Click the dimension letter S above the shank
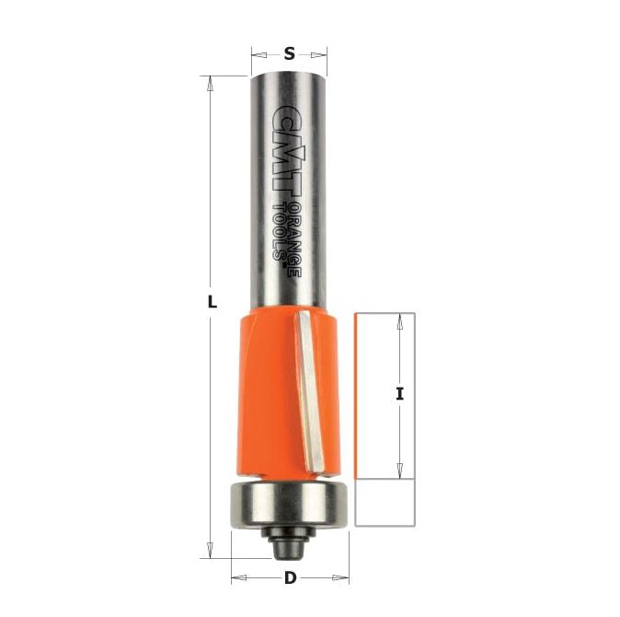290,53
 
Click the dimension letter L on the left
212,303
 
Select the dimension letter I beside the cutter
400,394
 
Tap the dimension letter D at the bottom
290,578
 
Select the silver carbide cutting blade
310,391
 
